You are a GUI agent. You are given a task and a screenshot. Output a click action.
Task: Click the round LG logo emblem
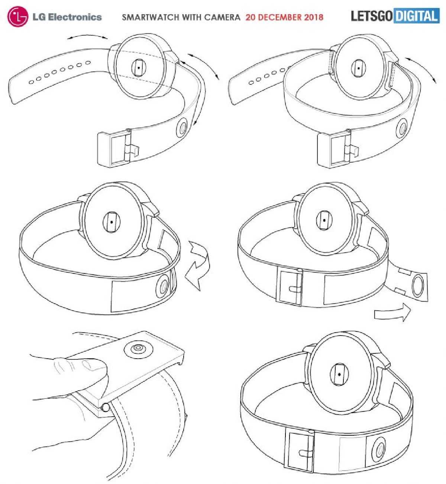pos(17,17)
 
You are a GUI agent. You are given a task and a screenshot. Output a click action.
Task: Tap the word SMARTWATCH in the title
pos(151,17)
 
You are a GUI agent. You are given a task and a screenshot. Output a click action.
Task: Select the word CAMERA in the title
pos(222,17)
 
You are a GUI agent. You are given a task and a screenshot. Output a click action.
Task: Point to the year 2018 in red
pos(313,17)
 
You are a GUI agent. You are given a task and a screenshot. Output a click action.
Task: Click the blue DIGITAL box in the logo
pos(417,16)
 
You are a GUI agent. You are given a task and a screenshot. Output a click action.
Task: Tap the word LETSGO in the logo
pos(372,16)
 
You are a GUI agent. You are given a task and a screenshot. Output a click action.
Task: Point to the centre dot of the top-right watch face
pos(358,68)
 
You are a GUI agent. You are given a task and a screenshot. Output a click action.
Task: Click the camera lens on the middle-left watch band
pos(164,286)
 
